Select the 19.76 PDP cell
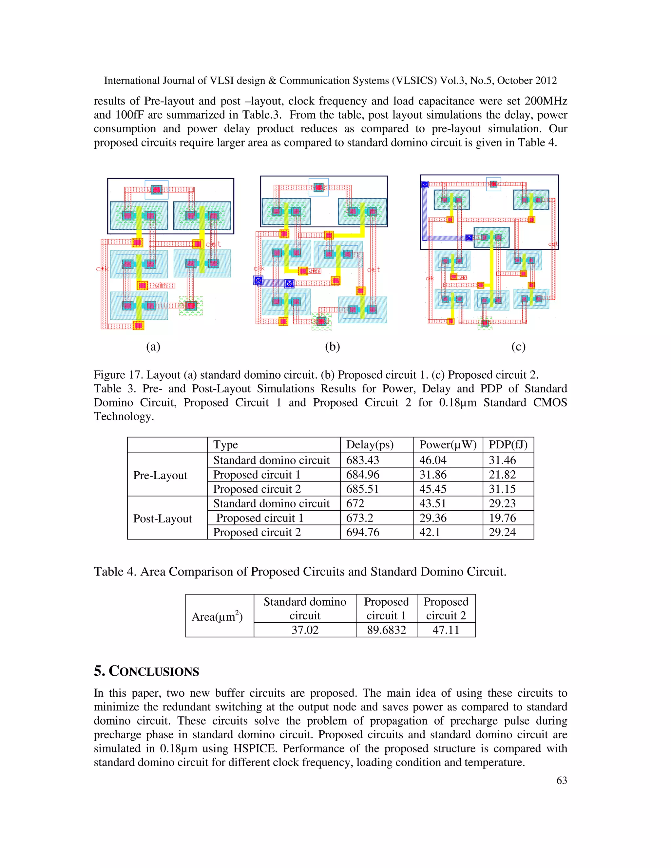click(x=502, y=518)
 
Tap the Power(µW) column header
click(x=448, y=445)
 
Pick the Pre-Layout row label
click(x=160, y=475)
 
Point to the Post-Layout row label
click(x=162, y=519)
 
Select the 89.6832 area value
click(x=386, y=630)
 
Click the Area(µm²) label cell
click(x=217, y=616)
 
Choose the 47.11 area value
click(x=446, y=630)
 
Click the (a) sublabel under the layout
click(x=153, y=347)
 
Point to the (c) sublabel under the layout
click(x=518, y=347)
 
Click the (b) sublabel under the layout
click(x=332, y=347)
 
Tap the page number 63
click(x=561, y=781)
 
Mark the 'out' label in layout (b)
click(x=374, y=270)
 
